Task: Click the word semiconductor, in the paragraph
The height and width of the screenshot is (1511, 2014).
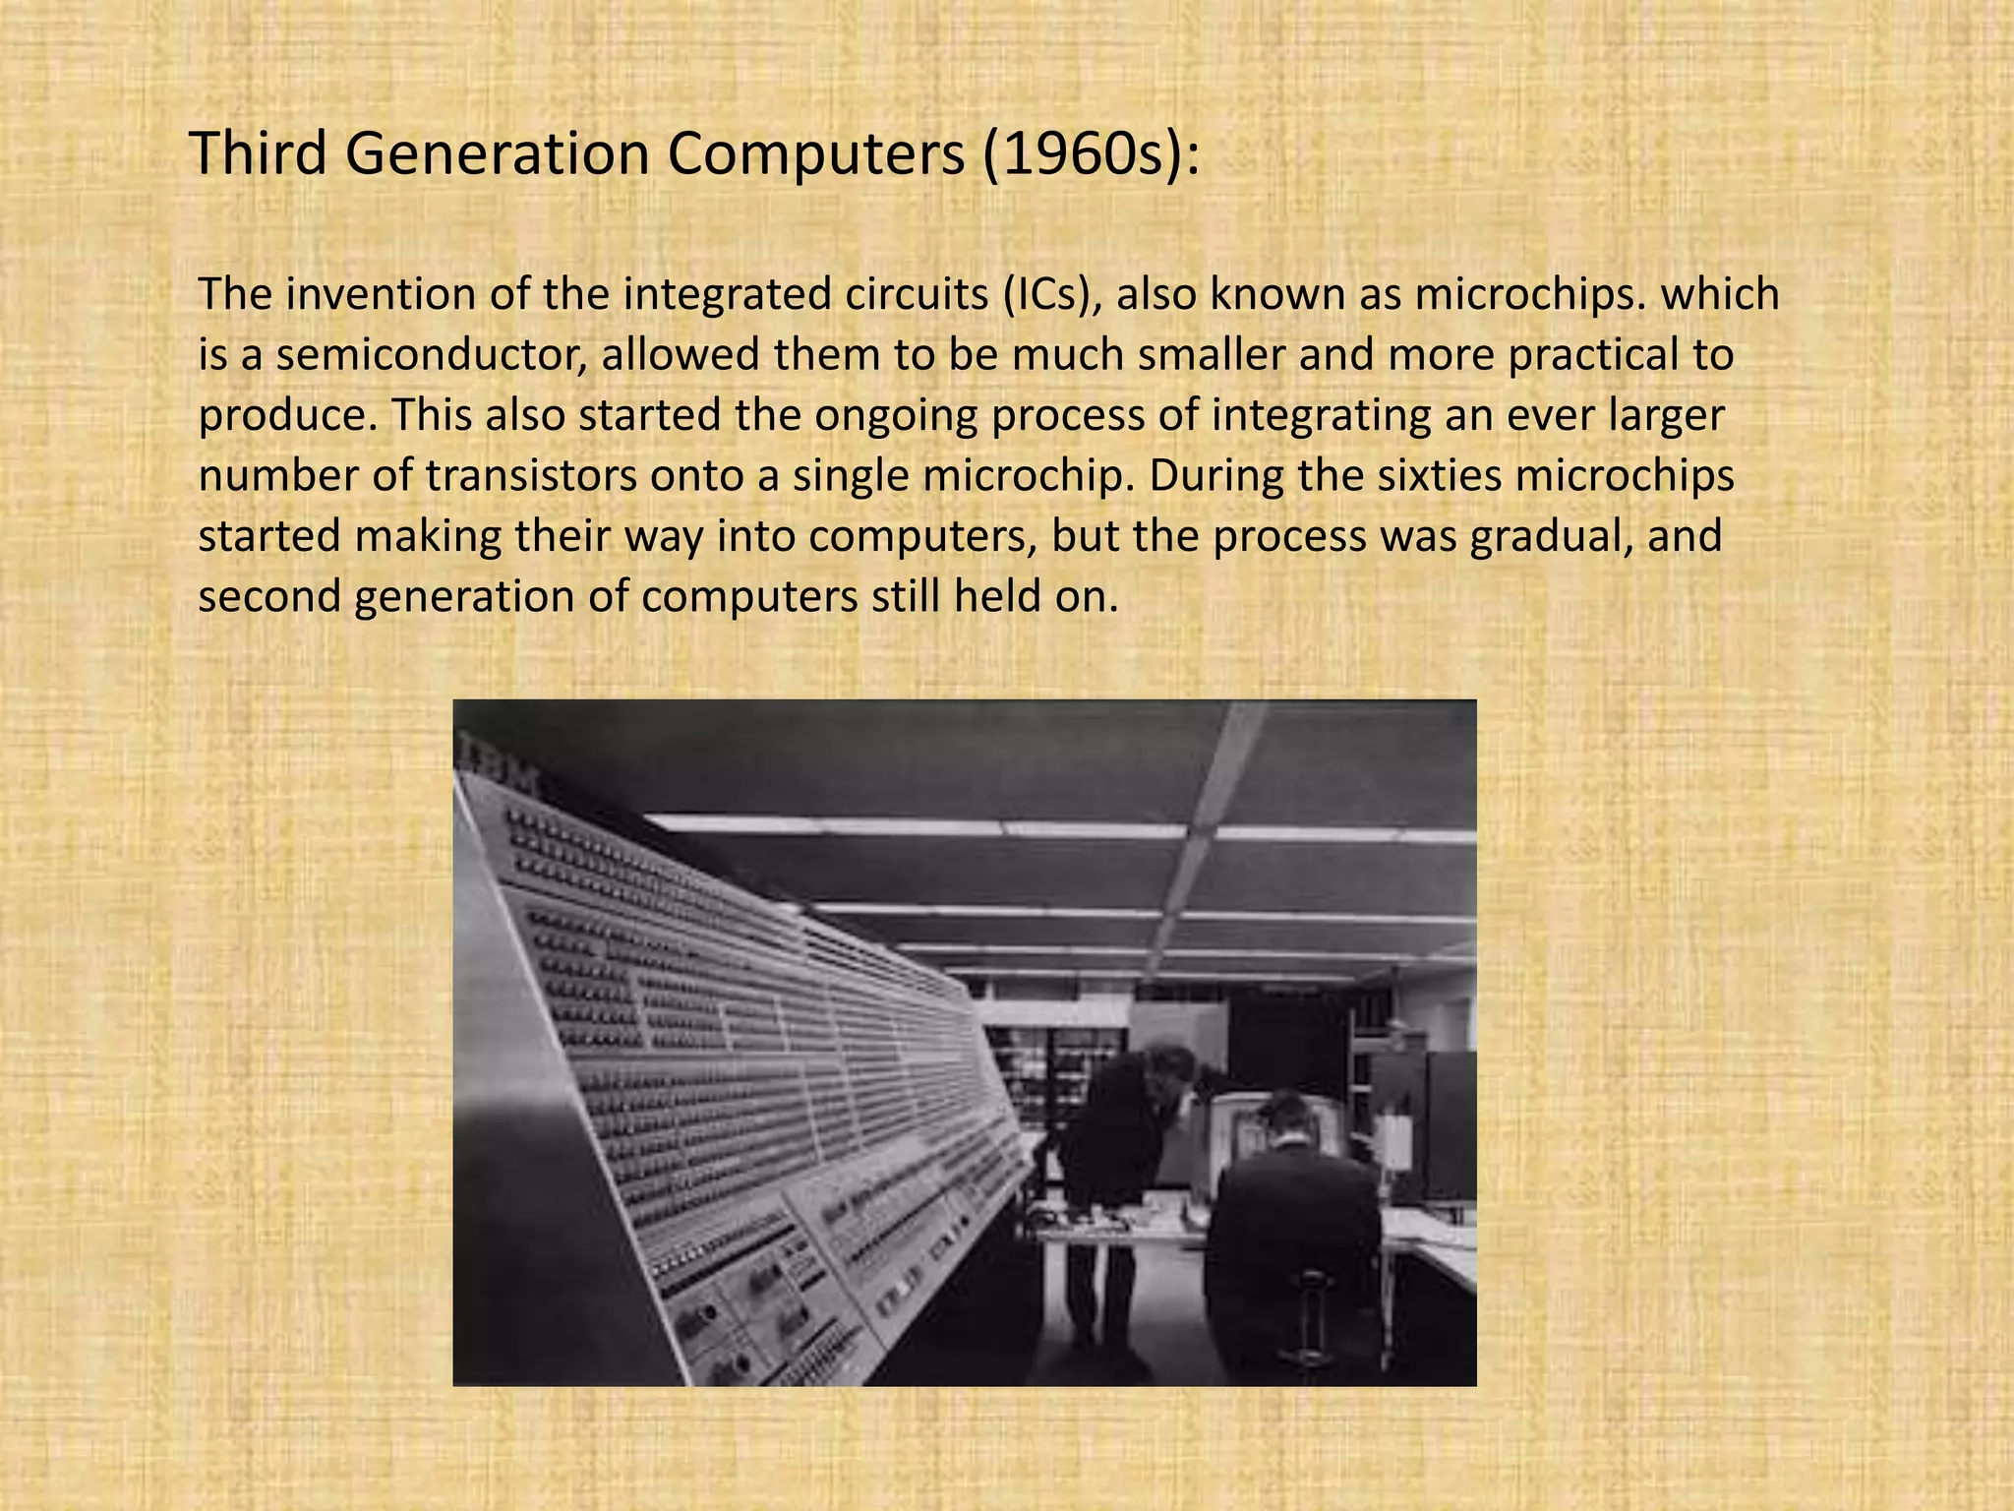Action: [432, 356]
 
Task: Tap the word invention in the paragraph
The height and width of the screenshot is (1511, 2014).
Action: [373, 295]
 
